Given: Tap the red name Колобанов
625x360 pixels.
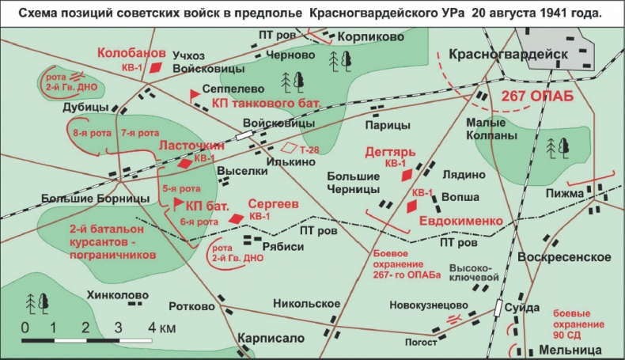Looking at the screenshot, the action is tap(131, 53).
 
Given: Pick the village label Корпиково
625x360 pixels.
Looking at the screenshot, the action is tap(370, 36).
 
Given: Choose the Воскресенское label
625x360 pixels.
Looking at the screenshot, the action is tap(564, 258).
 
